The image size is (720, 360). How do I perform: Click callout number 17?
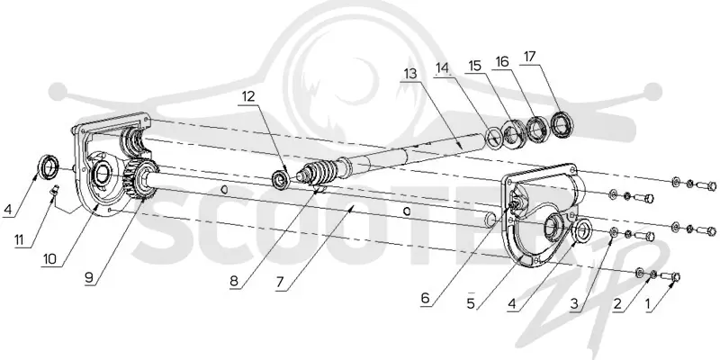(x=529, y=58)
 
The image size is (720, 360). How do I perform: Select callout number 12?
(x=248, y=96)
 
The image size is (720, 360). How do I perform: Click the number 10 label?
(x=49, y=259)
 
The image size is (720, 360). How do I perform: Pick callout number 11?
(x=19, y=240)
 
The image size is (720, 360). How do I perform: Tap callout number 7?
(x=280, y=283)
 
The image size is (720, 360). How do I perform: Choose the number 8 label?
(x=234, y=281)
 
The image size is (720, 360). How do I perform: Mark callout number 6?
(x=425, y=298)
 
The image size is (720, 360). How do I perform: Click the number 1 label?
(x=648, y=304)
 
